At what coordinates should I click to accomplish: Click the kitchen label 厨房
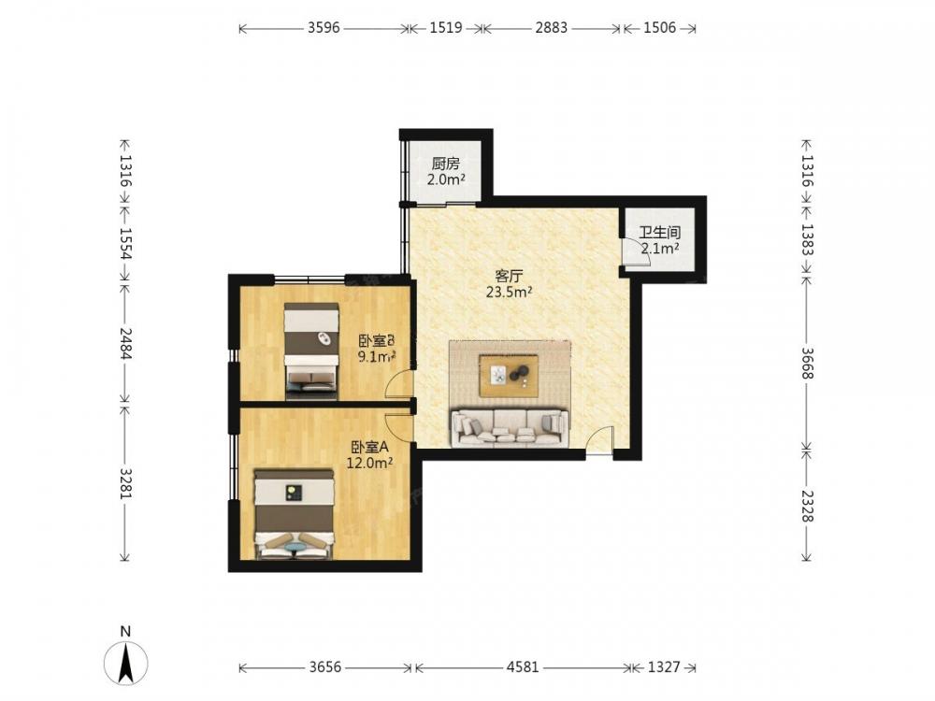pos(446,164)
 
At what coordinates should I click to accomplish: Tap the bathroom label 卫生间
pos(660,233)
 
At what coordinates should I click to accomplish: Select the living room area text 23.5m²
pos(510,292)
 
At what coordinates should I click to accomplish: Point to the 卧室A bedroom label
pos(369,447)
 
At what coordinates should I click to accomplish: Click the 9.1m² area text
pos(377,356)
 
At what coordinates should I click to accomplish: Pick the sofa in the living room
pos(510,427)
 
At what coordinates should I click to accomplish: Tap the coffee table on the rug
pos(509,375)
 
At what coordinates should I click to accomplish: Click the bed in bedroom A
pos(294,514)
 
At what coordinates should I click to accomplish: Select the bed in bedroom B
pos(311,350)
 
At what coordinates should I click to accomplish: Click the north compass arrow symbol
pos(126,663)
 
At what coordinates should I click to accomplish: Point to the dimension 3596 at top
pos(324,27)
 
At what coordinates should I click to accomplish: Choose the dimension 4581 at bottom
pos(523,666)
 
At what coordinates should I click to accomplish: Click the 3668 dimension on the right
pos(807,363)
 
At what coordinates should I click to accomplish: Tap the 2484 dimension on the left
pos(125,343)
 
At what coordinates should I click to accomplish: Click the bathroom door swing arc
pos(636,250)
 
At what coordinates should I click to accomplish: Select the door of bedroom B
pos(400,383)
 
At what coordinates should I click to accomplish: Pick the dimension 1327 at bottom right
pos(664,666)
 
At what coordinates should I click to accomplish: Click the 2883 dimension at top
pos(551,27)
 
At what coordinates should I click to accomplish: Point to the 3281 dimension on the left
pos(125,483)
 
